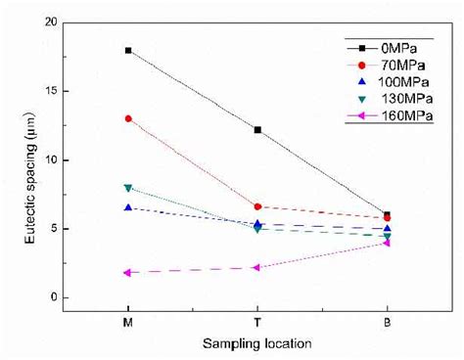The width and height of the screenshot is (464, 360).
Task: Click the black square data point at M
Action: [x=128, y=50]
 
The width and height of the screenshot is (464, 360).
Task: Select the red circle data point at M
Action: [x=128, y=118]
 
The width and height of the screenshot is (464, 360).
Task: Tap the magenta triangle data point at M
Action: [x=128, y=273]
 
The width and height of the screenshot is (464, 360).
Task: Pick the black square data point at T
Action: [x=257, y=129]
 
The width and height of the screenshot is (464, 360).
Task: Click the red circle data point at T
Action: [x=257, y=206]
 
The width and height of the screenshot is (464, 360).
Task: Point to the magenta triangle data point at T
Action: [x=257, y=267]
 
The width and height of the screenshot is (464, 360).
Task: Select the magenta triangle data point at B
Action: [x=387, y=243]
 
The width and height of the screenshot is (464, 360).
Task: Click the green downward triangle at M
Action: [x=128, y=188]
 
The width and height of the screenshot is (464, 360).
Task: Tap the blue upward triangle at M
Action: [x=128, y=207]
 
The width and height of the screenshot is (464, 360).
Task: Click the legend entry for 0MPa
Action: [x=402, y=46]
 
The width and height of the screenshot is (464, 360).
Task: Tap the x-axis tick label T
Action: [x=257, y=320]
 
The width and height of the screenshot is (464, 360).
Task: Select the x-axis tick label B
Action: [x=387, y=320]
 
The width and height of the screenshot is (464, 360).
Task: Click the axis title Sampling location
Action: [x=257, y=344]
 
